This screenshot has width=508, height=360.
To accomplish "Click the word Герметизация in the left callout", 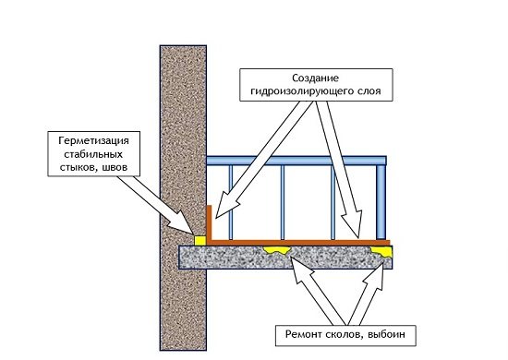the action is [x=93, y=141].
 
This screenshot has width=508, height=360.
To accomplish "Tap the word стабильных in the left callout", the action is [x=93, y=154].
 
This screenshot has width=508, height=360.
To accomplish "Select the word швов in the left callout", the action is [x=114, y=167].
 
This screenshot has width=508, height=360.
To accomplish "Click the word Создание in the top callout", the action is [x=315, y=78].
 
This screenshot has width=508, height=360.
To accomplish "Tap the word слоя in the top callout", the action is [x=369, y=91].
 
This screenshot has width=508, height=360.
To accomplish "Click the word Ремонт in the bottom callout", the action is [x=304, y=334].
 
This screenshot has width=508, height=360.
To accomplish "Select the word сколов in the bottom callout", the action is [x=343, y=334].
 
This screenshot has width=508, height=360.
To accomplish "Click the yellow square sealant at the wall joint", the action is [x=200, y=240].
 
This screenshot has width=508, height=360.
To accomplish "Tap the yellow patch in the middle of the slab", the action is [x=276, y=250].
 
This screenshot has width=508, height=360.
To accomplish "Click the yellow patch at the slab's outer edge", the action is [x=382, y=251].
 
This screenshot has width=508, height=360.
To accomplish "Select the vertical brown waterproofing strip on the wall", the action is [x=210, y=223].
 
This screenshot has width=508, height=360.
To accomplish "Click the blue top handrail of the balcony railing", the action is [x=296, y=161].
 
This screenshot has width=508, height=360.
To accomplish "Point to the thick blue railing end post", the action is [x=381, y=202].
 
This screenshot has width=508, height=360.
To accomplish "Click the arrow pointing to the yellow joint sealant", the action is [x=155, y=205].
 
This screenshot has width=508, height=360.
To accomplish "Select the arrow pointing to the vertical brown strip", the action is [x=264, y=160].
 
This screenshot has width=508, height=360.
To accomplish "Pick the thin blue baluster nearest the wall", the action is [x=231, y=202].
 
